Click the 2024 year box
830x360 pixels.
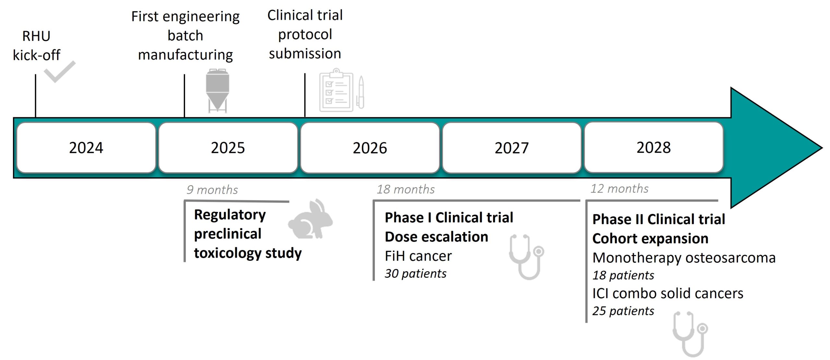coord(86,148)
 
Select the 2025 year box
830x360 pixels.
coord(228,148)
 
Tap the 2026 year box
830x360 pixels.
coord(370,148)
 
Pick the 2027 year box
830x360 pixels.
coord(512,148)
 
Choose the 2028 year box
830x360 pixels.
coord(654,147)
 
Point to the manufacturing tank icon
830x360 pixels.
coord(218,91)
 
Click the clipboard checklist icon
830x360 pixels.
coord(342,90)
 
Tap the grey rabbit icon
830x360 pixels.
coord(310,219)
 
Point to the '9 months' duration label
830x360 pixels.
coord(212,190)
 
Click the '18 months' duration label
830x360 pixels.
coord(406,189)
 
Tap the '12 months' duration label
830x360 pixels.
coord(619,189)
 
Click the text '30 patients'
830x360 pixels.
coord(415,273)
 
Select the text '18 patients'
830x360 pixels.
coord(623,275)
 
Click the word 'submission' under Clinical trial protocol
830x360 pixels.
coord(305,53)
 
